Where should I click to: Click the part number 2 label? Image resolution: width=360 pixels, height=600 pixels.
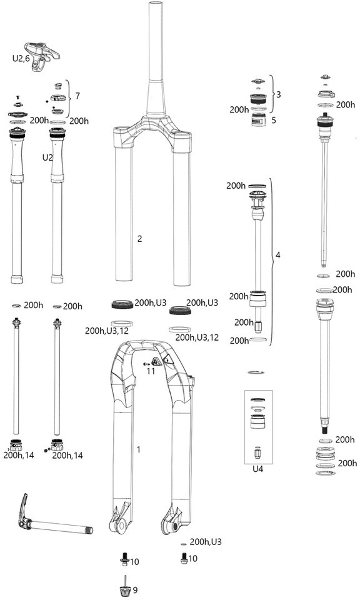coord(139,239)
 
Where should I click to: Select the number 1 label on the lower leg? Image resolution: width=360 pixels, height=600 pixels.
coord(139,449)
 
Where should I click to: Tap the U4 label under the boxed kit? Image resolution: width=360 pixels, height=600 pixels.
coord(258,469)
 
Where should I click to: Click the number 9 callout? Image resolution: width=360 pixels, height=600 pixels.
coord(135,590)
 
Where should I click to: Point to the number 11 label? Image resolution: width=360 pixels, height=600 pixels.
coord(151,371)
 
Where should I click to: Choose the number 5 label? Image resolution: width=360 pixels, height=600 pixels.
coord(274,120)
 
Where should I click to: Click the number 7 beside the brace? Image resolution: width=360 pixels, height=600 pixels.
coord(77,96)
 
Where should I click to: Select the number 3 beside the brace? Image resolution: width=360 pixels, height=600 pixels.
coord(279,94)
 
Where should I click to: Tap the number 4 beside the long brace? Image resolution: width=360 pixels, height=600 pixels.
coord(277,255)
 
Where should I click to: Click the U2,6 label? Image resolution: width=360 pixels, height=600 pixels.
coord(21,59)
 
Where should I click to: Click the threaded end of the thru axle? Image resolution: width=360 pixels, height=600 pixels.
coord(89,531)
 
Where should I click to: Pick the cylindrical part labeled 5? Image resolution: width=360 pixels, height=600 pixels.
coord(259,120)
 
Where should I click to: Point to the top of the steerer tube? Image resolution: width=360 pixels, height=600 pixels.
coord(156,4)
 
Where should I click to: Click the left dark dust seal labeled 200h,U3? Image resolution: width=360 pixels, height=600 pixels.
coord(122,305)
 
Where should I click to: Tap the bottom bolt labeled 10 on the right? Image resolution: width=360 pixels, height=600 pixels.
coord(183,558)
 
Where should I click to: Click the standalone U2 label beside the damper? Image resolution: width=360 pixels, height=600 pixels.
coord(47,157)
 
